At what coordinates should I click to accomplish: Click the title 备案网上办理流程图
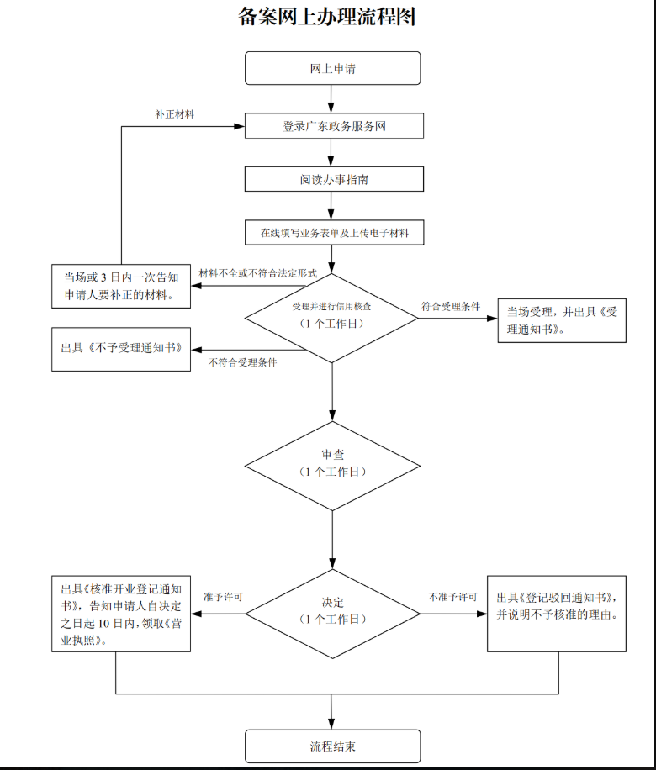coord(327,17)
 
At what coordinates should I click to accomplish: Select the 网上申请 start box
coord(332,68)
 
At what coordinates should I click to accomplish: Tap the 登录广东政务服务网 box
coord(334,126)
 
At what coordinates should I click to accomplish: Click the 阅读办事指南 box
coord(334,179)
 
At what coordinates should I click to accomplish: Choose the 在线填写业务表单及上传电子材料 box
coord(334,232)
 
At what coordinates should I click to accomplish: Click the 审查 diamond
coord(332,464)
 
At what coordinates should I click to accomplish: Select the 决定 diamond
coord(332,611)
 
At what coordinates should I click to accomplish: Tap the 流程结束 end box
coord(332,746)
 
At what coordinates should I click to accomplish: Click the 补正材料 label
coord(175,114)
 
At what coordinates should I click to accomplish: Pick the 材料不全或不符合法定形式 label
coord(257,274)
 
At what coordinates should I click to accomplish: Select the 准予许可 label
coord(223,597)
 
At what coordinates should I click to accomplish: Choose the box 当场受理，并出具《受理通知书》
coord(562,320)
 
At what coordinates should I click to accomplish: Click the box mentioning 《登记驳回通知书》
coord(557,613)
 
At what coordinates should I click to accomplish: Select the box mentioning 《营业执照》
coord(121,613)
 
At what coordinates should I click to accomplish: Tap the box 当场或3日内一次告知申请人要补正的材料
coord(121,286)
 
